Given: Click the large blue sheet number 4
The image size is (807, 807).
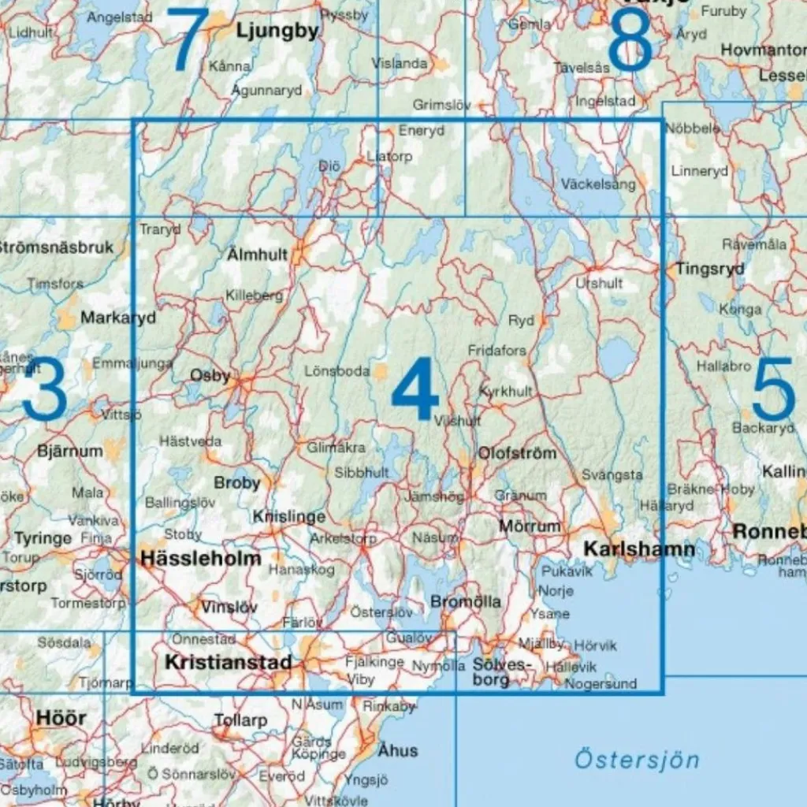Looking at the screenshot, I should coord(415,389).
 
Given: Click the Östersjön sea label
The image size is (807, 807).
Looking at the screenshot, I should coord(637,760).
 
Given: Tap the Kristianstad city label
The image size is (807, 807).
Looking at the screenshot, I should coord(229,663).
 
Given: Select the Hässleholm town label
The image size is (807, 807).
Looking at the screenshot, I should coord(200,559).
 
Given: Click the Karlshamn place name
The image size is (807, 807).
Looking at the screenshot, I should coord(628,549).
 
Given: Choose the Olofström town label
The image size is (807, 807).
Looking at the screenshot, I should coord(517,453).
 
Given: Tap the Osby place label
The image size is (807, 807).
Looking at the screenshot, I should coord(210,376).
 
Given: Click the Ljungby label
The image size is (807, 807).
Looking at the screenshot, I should coord(277,32).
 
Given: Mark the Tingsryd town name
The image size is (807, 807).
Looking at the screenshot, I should coord(710,269).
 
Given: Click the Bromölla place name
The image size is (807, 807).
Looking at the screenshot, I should coord(466,601).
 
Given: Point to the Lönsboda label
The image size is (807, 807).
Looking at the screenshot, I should coord(337,370).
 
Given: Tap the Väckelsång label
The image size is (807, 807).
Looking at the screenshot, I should coord(599,184).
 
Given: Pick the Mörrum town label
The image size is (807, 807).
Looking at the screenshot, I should coord(530,526).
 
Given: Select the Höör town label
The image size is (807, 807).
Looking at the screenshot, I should coord(61,718).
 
